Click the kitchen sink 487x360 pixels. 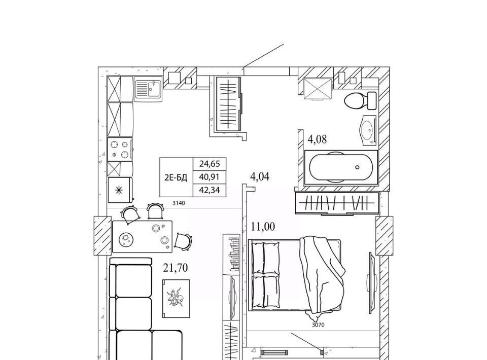click(148, 89)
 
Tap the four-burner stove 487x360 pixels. click(120, 149)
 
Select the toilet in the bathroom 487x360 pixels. click(360, 100)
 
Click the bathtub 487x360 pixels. click(341, 167)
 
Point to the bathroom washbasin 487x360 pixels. click(368, 130)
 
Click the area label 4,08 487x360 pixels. click(317, 139)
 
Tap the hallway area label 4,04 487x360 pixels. click(260, 176)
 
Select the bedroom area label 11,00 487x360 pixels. click(263, 227)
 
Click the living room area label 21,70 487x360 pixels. click(176, 268)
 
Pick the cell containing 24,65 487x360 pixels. click(210, 164)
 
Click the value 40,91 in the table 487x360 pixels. click(210, 177)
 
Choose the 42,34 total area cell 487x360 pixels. click(210, 190)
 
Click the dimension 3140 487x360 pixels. click(179, 203)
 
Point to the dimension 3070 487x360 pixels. click(318, 325)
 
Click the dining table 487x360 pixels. click(142, 236)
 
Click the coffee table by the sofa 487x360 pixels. click(176, 299)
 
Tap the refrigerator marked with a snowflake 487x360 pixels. click(120, 190)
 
